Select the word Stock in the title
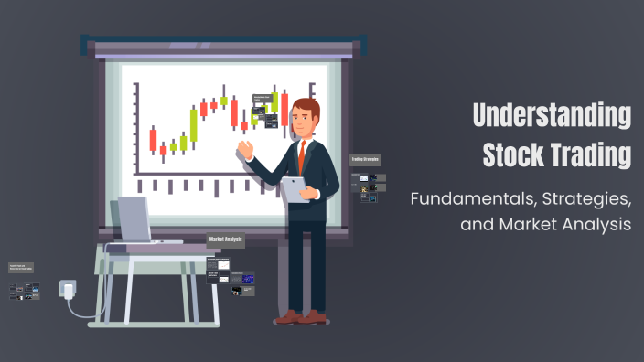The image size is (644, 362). (513, 154)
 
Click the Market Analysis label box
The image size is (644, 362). (226, 240)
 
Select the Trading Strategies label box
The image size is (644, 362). (365, 160)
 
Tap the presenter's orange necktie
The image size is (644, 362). (301, 155)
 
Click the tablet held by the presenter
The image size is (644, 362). (295, 187)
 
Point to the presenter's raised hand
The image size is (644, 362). (244, 148)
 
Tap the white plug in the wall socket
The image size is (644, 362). (66, 289)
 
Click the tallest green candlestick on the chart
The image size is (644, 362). (194, 125)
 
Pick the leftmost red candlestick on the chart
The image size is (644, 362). (153, 139)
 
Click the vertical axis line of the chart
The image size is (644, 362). (135, 128)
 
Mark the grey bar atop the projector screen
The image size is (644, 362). (225, 46)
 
